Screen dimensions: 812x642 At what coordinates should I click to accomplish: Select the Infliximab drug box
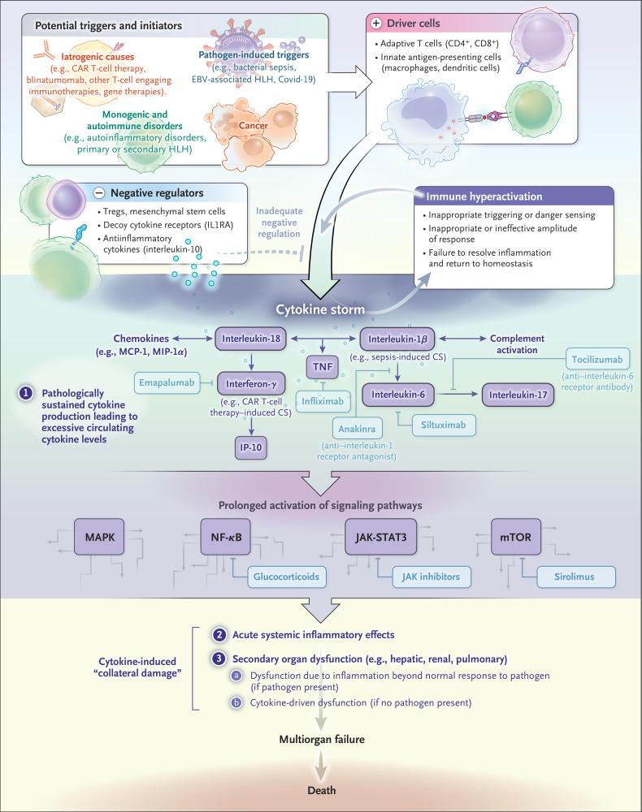point(322,400)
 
